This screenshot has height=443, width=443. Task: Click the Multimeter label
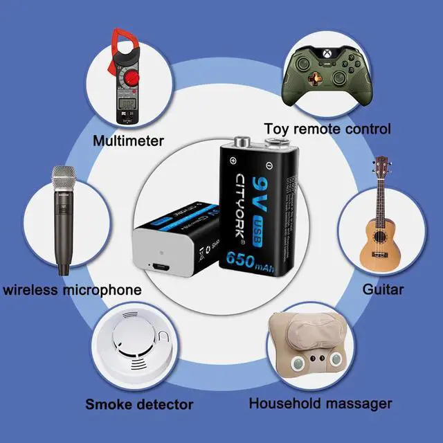[x=129, y=141]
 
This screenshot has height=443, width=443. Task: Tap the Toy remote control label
[x=328, y=129]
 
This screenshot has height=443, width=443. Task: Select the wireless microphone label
[x=72, y=289]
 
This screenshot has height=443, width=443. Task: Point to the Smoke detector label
[x=139, y=404]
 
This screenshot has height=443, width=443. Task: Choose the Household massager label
[x=320, y=403]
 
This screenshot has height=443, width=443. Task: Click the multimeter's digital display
[x=127, y=105]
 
